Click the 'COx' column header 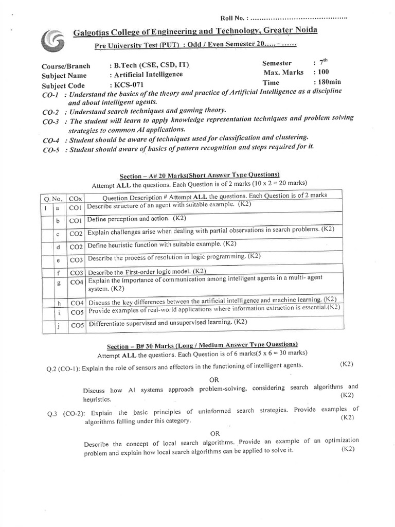coord(76,198)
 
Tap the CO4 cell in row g coord(76,283)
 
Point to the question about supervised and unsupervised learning coord(168,323)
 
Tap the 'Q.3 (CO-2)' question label coord(63,412)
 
